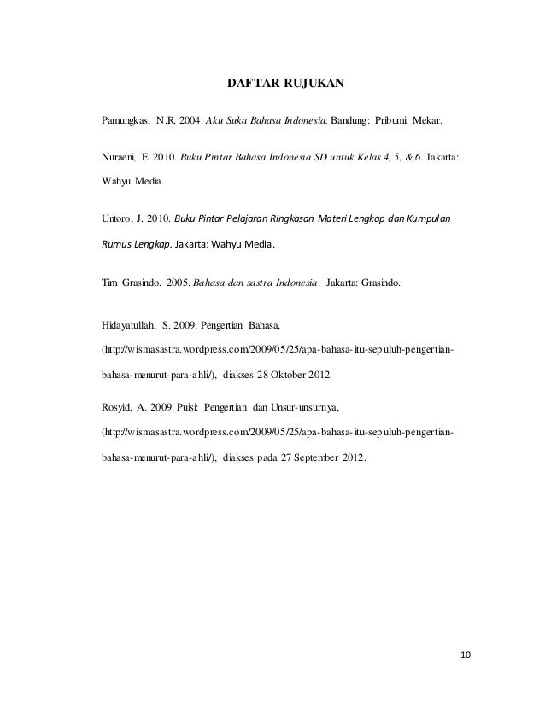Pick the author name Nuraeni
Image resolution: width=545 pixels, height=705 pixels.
(x=120, y=159)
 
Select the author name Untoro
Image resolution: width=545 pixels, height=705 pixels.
(x=119, y=219)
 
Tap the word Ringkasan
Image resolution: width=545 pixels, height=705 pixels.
(x=289, y=219)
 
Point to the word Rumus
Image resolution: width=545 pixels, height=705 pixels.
(x=116, y=242)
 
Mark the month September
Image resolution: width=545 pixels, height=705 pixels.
(x=318, y=457)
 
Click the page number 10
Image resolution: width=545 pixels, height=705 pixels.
(x=465, y=655)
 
